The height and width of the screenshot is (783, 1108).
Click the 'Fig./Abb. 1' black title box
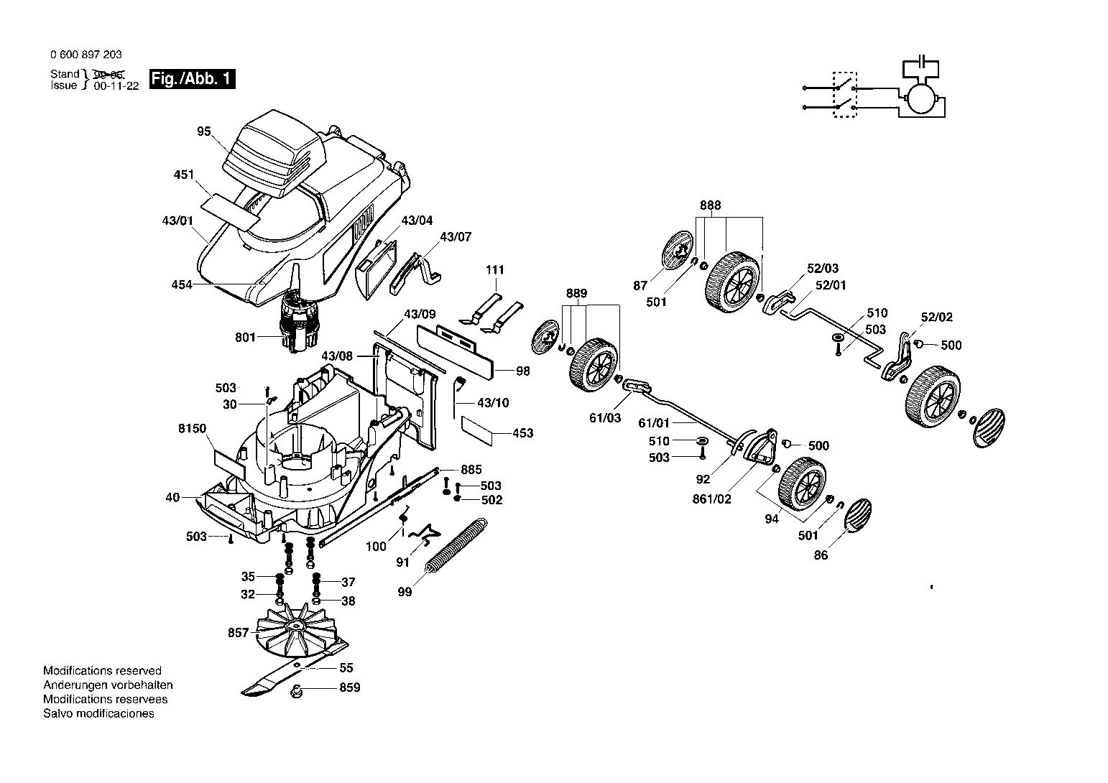pyautogui.click(x=193, y=78)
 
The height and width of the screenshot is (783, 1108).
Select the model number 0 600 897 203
pyautogui.click(x=86, y=55)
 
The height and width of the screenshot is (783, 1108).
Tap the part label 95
pyautogui.click(x=204, y=131)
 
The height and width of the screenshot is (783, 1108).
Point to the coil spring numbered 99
pyautogui.click(x=456, y=546)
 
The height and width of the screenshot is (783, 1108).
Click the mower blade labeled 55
pyautogui.click(x=295, y=668)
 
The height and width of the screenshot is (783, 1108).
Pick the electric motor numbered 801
pyautogui.click(x=298, y=322)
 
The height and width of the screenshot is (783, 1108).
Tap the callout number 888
pyautogui.click(x=711, y=205)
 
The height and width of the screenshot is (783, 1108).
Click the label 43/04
pyautogui.click(x=417, y=221)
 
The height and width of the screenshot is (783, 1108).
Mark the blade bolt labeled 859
pyautogui.click(x=296, y=691)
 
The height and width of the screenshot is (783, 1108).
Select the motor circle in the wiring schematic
pyautogui.click(x=921, y=98)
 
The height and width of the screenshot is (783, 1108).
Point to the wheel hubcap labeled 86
pyautogui.click(x=859, y=515)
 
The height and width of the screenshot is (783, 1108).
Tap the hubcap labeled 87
pyautogui.click(x=677, y=250)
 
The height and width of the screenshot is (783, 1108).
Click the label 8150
pyautogui.click(x=192, y=428)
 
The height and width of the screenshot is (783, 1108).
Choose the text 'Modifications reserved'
pyautogui.click(x=102, y=671)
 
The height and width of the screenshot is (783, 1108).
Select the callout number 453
pyautogui.click(x=523, y=433)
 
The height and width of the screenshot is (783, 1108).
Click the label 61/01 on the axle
pyautogui.click(x=653, y=423)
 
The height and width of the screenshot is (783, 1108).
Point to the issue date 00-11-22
pyautogui.click(x=116, y=85)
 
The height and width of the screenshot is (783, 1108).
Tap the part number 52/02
pyautogui.click(x=936, y=317)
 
